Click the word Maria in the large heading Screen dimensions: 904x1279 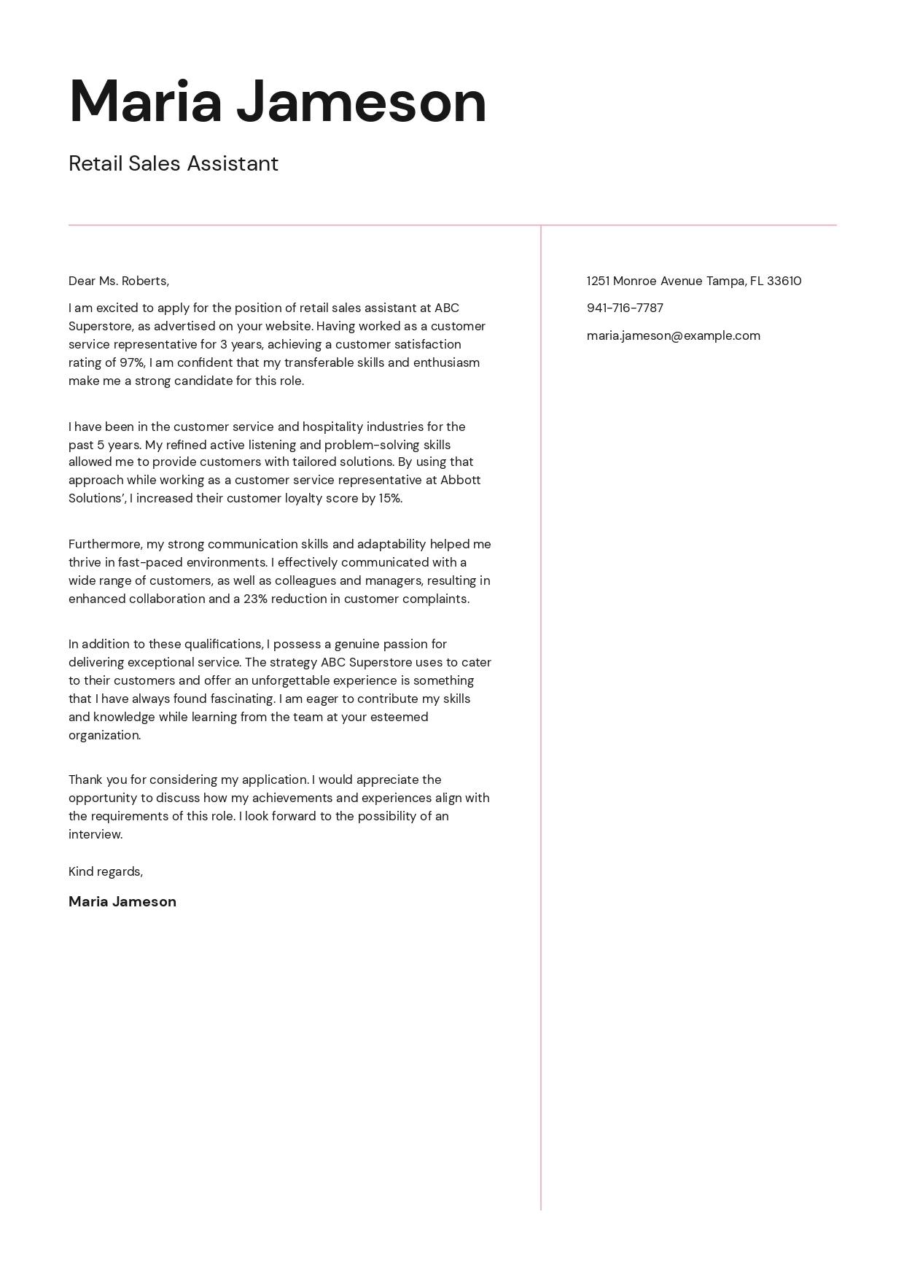click(x=145, y=102)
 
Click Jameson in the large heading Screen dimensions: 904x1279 click(x=361, y=102)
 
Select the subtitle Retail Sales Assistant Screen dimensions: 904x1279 click(x=174, y=163)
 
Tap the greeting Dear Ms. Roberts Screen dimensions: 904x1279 click(x=119, y=281)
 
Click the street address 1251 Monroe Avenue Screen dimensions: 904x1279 click(x=644, y=281)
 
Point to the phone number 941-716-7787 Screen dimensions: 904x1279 click(x=625, y=308)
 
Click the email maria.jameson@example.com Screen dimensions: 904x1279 click(x=673, y=335)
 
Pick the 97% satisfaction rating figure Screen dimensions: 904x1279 click(x=132, y=362)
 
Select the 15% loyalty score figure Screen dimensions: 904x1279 click(x=390, y=498)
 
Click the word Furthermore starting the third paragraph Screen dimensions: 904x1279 click(x=106, y=544)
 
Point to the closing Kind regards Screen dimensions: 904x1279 click(x=106, y=871)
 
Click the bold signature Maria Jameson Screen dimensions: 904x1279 click(x=122, y=901)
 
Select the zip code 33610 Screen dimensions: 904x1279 click(x=784, y=281)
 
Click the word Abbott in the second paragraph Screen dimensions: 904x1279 click(x=461, y=480)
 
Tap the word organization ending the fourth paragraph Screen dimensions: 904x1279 click(x=104, y=735)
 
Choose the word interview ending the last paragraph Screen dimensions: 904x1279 click(x=95, y=834)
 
